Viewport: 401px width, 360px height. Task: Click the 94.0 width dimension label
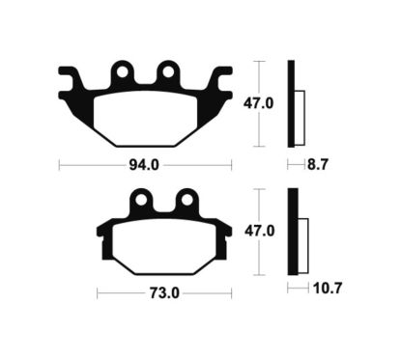point(143,165)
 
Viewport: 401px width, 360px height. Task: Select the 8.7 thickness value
point(315,165)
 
